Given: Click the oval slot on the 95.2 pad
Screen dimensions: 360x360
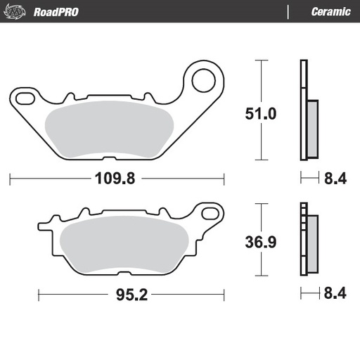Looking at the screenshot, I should pyautogui.click(x=209, y=212).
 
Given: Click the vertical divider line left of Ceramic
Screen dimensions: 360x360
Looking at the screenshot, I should pyautogui.click(x=289, y=11).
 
